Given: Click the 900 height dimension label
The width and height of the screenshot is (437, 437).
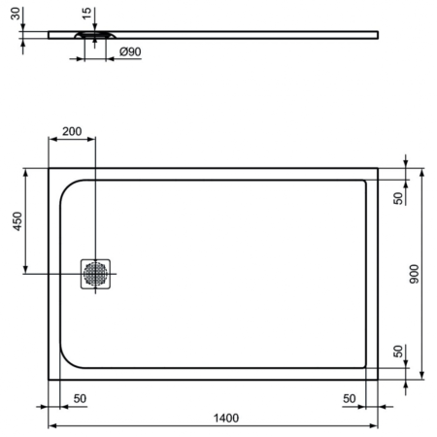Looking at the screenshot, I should pos(414,275).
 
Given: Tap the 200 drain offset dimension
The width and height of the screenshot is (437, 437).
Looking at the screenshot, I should pos(72,131).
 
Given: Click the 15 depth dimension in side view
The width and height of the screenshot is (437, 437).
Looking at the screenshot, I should pos(87,15).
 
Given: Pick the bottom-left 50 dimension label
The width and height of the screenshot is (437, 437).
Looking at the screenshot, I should pos(80,398).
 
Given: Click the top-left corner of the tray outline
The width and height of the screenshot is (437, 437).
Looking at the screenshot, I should pos(49,168).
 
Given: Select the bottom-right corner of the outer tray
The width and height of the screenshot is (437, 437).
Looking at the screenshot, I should pos(379,379).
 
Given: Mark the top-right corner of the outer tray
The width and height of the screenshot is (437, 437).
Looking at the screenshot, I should pos(379,168).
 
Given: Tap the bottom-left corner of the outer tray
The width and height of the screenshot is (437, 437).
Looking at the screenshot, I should pos(49,379).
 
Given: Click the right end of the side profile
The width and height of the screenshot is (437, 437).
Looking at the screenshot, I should pos(377,35).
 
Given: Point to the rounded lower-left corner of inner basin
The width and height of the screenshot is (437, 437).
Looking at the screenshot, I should pos(68,360).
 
